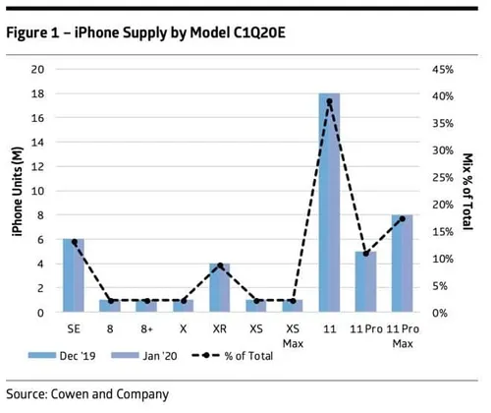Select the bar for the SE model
coord(74,275)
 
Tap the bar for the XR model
coord(219,287)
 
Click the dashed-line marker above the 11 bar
coord(329,101)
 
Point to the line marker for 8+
coord(146,301)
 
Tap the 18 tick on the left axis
coord(38,93)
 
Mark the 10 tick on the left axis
coord(38,191)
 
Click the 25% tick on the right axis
coord(442,177)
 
